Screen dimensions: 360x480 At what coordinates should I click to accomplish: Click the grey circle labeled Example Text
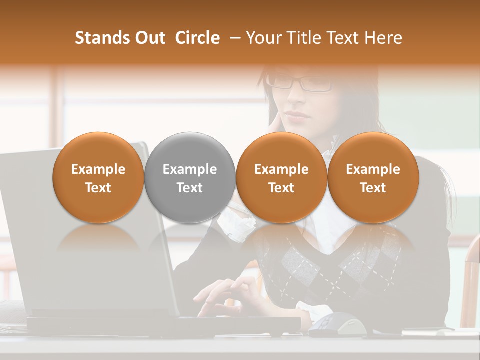190,177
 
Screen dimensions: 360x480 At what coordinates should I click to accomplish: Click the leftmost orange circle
98,177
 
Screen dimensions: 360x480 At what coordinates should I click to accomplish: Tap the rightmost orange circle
373,177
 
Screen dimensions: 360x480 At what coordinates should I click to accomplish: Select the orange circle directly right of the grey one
281,177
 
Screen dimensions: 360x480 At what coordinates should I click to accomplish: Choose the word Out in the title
148,38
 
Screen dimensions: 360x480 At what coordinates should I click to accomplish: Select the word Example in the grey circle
190,169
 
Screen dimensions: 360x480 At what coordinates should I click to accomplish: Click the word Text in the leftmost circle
98,188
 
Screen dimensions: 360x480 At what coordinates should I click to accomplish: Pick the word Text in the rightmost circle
373,188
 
